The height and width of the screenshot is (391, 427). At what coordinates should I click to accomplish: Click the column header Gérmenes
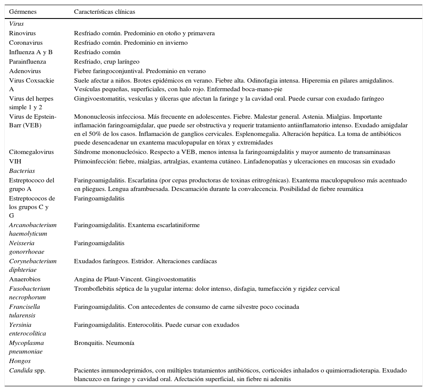point(23,12)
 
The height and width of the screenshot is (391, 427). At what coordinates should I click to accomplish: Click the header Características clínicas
point(104,12)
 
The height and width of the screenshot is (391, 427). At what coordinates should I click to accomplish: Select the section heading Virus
point(16,24)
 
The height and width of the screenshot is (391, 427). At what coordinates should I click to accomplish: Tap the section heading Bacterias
point(22,171)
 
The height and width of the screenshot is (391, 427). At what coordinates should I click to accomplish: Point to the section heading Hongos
point(20,361)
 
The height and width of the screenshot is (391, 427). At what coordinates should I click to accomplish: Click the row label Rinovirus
point(22,34)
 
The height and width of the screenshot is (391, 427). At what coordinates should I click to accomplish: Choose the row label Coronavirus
point(26,43)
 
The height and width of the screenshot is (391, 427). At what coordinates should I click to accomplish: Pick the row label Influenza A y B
point(31,52)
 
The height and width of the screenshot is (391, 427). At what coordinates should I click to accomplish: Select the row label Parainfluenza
point(28,62)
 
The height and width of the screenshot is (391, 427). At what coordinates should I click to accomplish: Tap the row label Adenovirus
point(25,71)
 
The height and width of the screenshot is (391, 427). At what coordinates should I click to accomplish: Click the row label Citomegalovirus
point(31,152)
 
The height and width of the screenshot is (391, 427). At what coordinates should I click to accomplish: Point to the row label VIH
point(15,162)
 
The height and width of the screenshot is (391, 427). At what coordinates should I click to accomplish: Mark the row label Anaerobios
point(25,280)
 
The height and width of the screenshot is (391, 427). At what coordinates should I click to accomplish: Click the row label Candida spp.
point(27,371)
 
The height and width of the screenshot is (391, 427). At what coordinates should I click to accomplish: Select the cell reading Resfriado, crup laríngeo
point(107,62)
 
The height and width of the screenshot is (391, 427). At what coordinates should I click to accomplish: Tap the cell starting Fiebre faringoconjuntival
point(140,71)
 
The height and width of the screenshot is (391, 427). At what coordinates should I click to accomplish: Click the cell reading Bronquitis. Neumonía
point(104,343)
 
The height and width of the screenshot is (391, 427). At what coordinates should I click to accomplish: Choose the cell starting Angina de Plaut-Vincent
point(135,280)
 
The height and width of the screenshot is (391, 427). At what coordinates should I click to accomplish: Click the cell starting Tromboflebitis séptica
point(207,289)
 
